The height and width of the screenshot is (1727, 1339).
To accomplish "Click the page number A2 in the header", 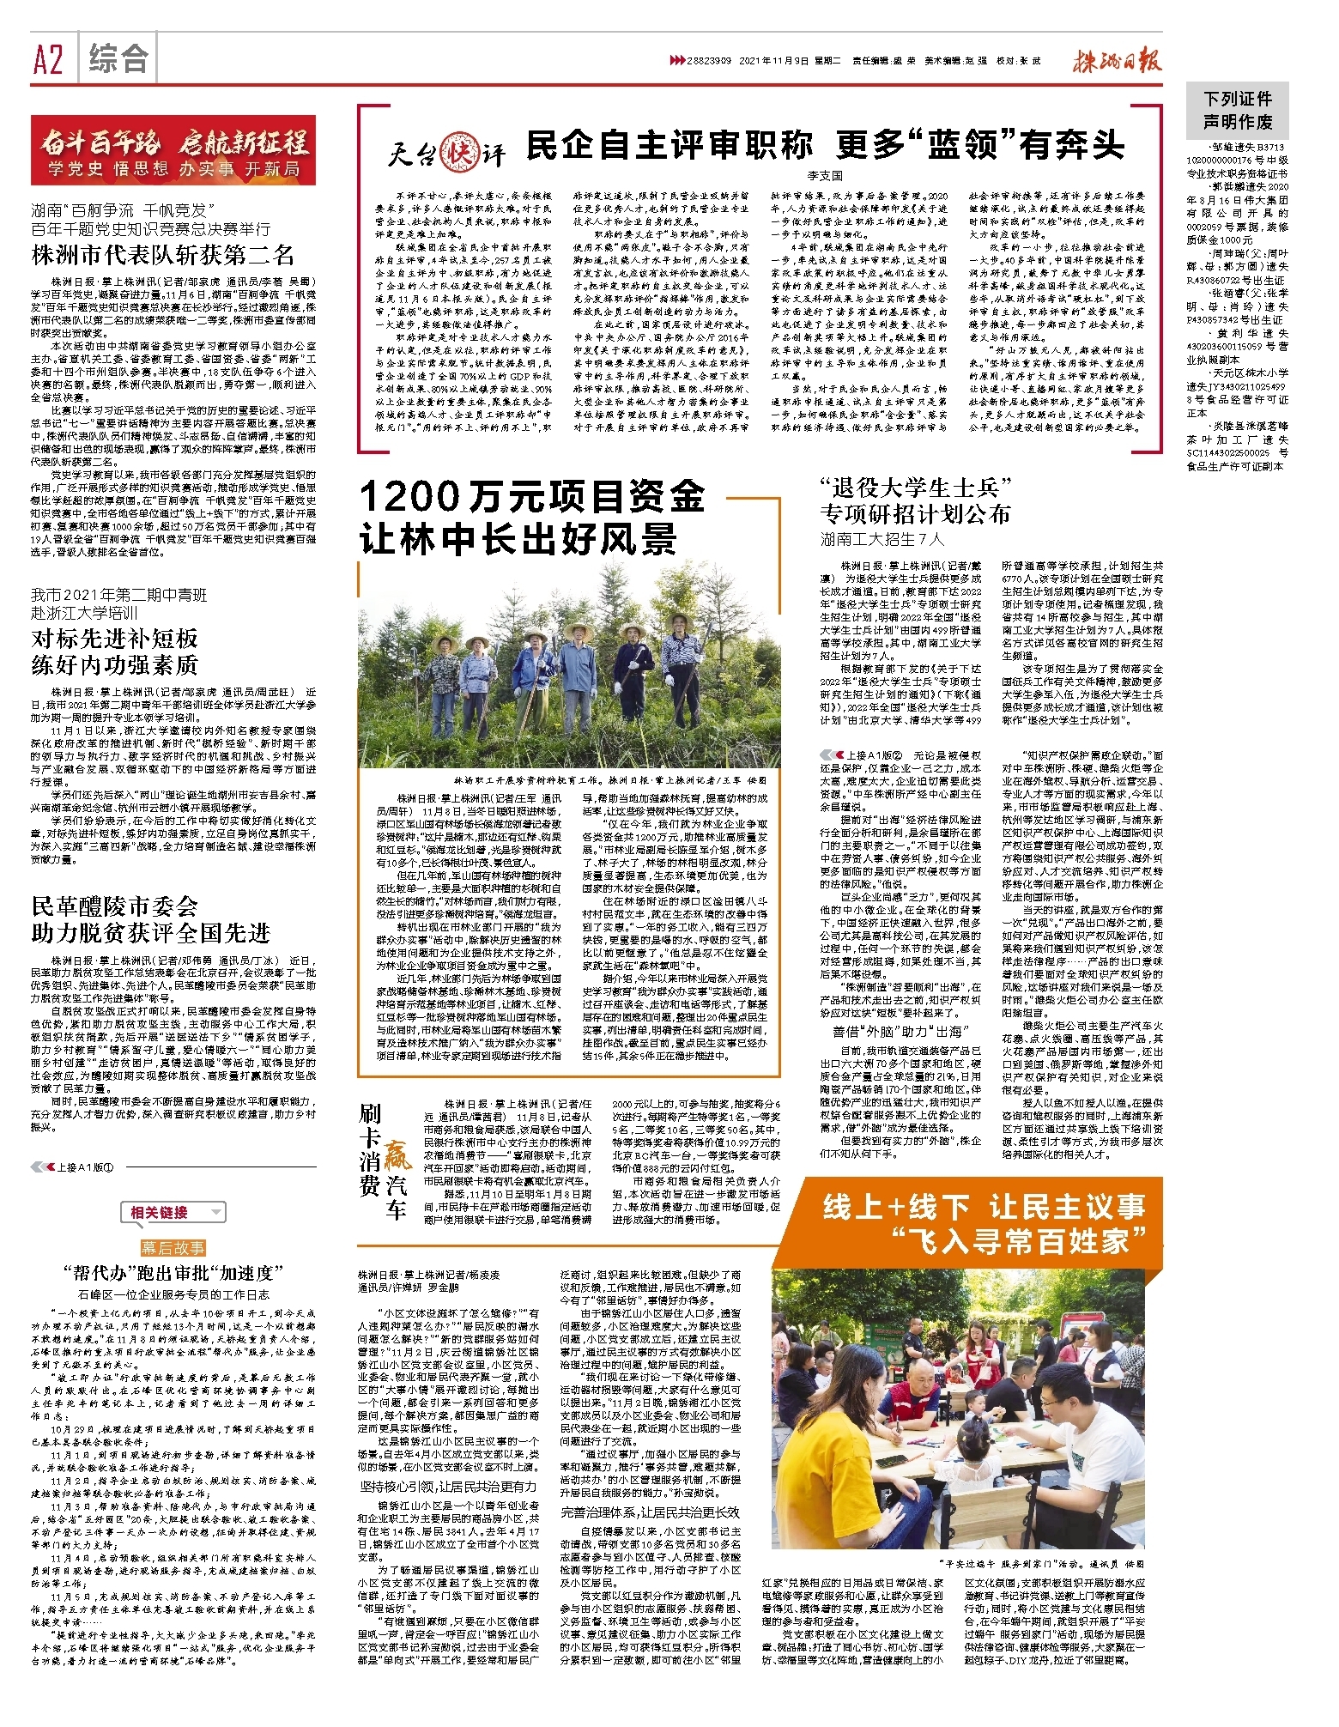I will coord(49,60).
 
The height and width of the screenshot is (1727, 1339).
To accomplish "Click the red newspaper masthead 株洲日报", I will coord(1117,60).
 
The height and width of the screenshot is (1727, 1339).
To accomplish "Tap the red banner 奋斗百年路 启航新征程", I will coord(173,150).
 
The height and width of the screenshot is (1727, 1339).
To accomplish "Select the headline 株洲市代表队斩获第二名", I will coord(163,255).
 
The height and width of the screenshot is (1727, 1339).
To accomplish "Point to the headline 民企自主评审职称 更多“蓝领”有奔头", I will coord(824,144).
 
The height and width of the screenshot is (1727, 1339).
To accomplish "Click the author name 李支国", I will coord(824,175).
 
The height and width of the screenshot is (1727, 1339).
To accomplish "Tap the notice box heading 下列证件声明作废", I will coord(1237,110).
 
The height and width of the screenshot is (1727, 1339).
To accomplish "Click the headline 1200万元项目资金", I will coord(532,496).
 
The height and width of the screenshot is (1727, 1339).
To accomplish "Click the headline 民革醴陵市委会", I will coord(115,906).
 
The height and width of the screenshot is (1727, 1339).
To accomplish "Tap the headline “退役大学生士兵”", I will coord(917,488).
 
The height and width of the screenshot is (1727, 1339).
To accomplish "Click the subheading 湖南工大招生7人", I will coord(882,539).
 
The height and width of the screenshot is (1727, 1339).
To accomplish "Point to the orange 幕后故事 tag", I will coord(173,1247).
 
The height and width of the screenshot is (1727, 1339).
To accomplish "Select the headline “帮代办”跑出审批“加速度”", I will coord(173,1273).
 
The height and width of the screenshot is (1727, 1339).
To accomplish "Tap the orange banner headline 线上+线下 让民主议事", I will coord(984,1207).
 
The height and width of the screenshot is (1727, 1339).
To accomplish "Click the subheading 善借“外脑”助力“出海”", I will coord(900,1031).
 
